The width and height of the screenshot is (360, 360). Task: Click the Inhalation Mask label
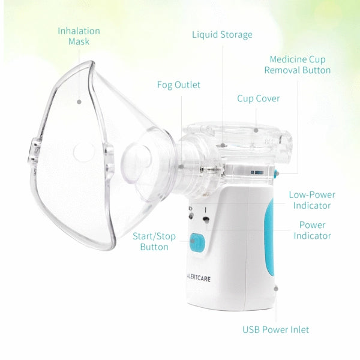click(x=79, y=36)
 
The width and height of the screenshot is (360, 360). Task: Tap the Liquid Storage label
click(x=222, y=35)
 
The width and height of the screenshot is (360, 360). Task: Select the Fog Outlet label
click(x=179, y=85)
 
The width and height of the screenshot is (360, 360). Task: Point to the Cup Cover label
click(x=258, y=98)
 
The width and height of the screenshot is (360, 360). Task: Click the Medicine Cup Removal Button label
click(x=298, y=65)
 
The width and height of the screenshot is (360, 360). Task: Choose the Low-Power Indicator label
click(x=312, y=200)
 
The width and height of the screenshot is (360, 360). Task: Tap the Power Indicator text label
click(x=312, y=230)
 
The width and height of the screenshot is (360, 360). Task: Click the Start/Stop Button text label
click(x=154, y=242)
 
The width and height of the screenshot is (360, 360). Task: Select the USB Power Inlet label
click(x=276, y=329)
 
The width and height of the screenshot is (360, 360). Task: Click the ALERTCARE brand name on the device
click(x=199, y=278)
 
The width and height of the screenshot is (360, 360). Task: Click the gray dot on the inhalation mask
click(x=79, y=102)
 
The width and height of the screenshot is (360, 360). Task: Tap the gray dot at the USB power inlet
click(x=276, y=289)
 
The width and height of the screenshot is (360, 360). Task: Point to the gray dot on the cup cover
click(x=256, y=130)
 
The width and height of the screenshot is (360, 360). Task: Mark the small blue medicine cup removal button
click(x=277, y=173)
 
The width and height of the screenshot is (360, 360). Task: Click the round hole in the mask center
click(x=84, y=152)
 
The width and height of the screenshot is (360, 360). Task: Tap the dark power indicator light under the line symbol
click(x=206, y=220)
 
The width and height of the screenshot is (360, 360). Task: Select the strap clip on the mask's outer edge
click(x=34, y=151)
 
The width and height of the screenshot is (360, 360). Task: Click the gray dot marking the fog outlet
click(x=181, y=167)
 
